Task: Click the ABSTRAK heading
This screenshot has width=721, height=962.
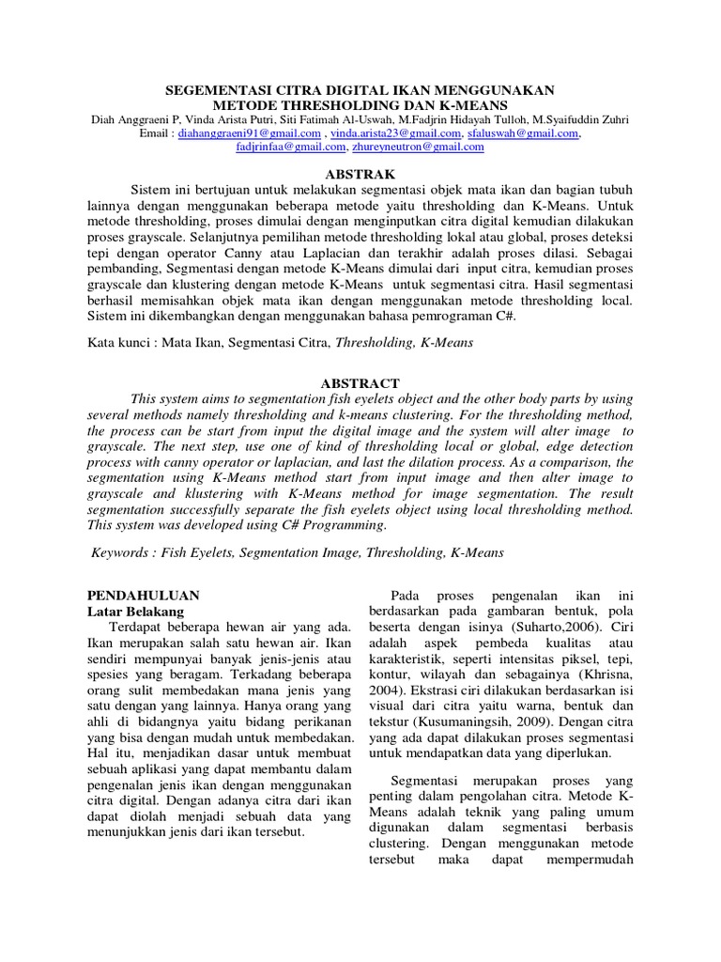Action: pos(360,175)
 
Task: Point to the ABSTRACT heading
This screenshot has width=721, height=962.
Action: pos(360,383)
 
